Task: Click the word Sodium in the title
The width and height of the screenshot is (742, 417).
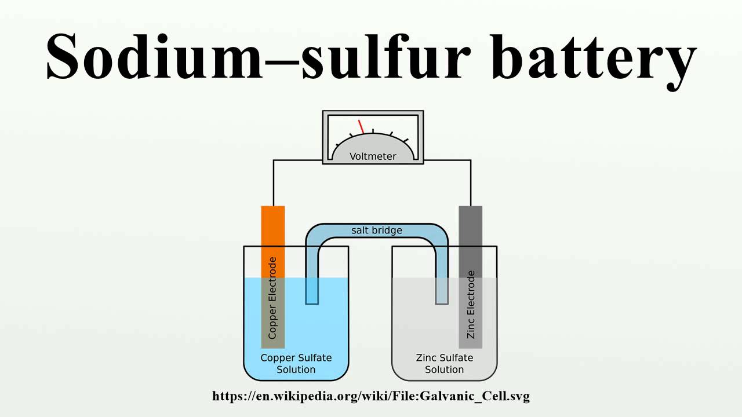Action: pos(155,56)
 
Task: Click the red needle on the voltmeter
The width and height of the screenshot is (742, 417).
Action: pos(361,127)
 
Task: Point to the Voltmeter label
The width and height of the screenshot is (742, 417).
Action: pos(373,156)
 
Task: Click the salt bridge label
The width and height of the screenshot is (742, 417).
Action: pos(377,230)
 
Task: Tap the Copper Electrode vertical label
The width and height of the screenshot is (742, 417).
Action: pos(272,298)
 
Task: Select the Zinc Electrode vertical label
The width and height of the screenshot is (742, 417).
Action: pos(470,305)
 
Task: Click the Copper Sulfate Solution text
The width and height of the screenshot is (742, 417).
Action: pos(296,363)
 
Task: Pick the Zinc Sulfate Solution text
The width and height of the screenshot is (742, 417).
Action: pos(444,363)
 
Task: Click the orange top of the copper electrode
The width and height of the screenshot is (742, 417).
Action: pos(273,242)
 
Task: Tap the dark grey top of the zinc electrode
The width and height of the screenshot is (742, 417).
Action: pos(470,242)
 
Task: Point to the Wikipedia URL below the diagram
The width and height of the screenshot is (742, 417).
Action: pos(371,396)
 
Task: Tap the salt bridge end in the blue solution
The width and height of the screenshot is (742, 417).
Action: pos(312,291)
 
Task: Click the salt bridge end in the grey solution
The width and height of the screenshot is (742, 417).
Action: pos(442,291)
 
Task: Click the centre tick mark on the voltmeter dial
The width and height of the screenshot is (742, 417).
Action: pos(373,131)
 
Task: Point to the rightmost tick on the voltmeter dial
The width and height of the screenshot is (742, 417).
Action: pos(405,141)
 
